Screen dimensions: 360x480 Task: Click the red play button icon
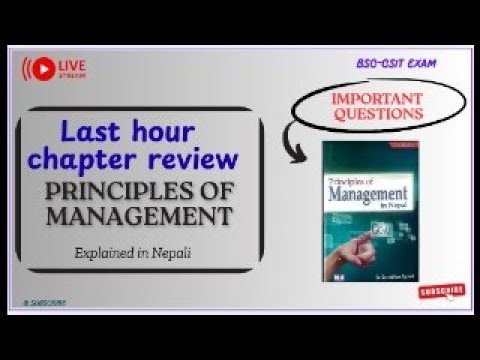tap(43, 69)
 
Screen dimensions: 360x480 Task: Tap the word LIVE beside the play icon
tap(72, 64)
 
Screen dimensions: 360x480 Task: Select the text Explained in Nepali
tap(132, 253)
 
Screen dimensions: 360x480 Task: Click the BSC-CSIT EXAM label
tap(395, 62)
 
